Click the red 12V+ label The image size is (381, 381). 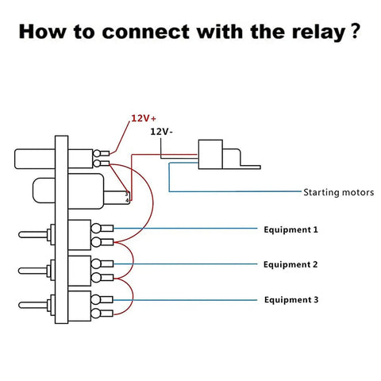click(x=144, y=118)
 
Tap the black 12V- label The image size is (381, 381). click(x=161, y=131)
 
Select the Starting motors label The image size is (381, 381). click(x=339, y=192)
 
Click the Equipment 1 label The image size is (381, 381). click(x=291, y=229)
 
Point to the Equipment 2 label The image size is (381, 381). click(x=291, y=264)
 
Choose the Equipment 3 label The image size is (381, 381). click(x=291, y=300)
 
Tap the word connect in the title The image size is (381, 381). click(x=145, y=32)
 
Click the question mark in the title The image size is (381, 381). click(x=356, y=31)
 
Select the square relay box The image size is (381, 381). click(x=210, y=155)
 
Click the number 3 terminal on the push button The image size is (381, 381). click(x=126, y=194)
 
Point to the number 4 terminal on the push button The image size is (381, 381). click(x=127, y=201)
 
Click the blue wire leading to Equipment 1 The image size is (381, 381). click(x=185, y=229)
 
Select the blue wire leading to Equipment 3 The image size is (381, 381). click(x=185, y=300)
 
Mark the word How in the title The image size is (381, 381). click(x=42, y=32)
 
